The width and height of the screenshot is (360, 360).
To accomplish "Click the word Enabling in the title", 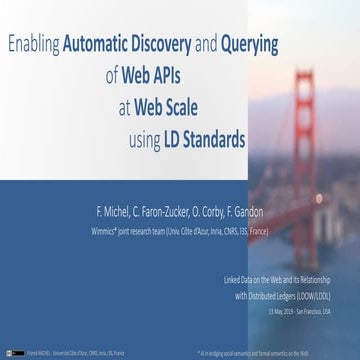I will pos(33,44).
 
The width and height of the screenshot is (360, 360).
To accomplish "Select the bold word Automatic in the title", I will pos(101,44).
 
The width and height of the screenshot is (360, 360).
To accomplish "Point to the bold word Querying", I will pos(249,44).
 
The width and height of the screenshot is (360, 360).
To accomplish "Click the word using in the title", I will pos(146,140).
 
